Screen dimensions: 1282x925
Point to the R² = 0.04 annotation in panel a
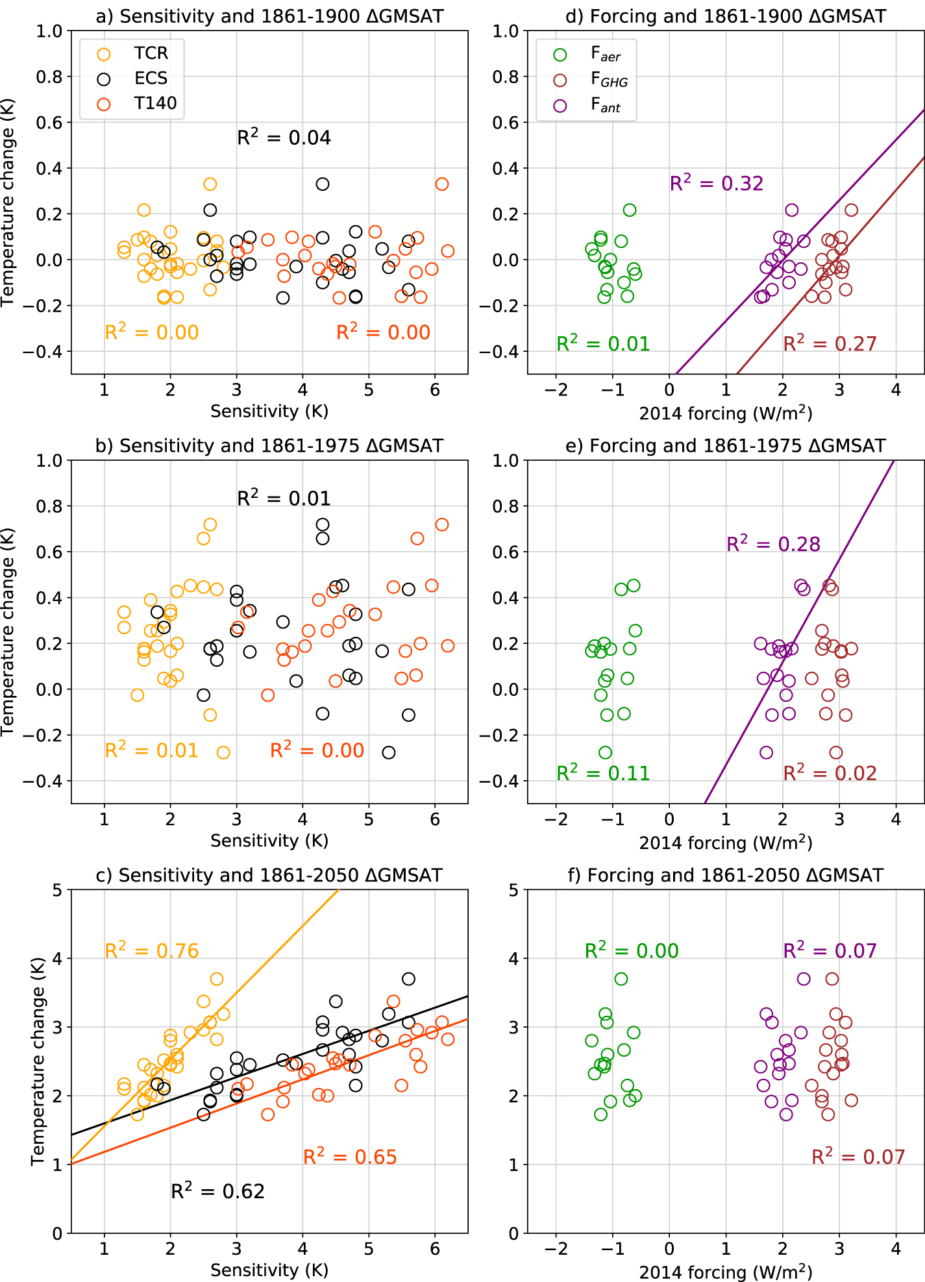(284, 138)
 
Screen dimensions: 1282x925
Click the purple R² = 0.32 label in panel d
(717, 184)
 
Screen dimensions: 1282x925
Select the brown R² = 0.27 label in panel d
(830, 343)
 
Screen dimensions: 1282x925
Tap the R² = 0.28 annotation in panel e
(773, 544)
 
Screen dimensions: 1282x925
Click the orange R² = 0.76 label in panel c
(151, 951)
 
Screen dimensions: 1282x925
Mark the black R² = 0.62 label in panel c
(217, 1191)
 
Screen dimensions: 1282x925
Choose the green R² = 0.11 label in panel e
(603, 773)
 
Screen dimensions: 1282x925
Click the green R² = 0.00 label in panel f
(632, 951)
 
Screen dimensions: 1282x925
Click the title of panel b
(269, 446)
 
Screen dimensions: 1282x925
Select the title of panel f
(726, 876)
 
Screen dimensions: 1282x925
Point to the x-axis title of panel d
(726, 413)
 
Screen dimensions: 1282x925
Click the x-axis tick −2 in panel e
(556, 819)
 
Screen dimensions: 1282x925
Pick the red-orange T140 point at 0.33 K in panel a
(441, 184)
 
